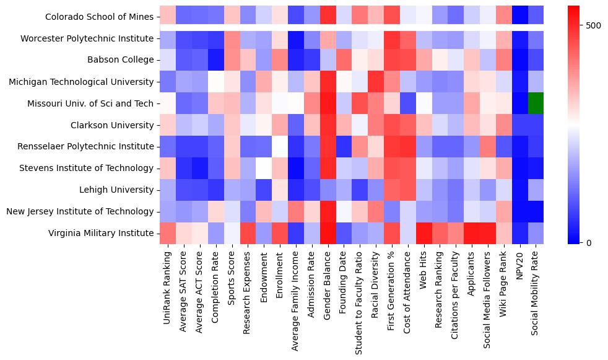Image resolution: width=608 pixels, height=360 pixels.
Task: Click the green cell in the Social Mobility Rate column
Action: tap(536, 103)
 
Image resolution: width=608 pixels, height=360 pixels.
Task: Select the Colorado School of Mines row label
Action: tap(100, 17)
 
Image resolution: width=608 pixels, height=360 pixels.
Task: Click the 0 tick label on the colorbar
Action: tap(588, 242)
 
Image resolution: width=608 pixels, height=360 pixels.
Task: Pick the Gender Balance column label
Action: tap(327, 284)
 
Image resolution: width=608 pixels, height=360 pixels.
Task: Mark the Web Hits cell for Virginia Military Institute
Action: tap(423, 233)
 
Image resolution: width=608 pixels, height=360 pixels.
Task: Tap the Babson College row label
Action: tap(117, 60)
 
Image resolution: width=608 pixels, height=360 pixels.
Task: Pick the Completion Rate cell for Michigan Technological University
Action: tap(215, 81)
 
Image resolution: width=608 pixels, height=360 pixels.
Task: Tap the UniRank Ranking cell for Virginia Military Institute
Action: tap(167, 233)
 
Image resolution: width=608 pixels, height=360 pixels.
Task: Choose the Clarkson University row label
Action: tap(113, 125)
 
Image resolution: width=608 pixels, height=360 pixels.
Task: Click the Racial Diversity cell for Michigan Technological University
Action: tap(375, 81)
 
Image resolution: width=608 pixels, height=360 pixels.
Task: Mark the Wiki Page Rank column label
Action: tap(504, 286)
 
